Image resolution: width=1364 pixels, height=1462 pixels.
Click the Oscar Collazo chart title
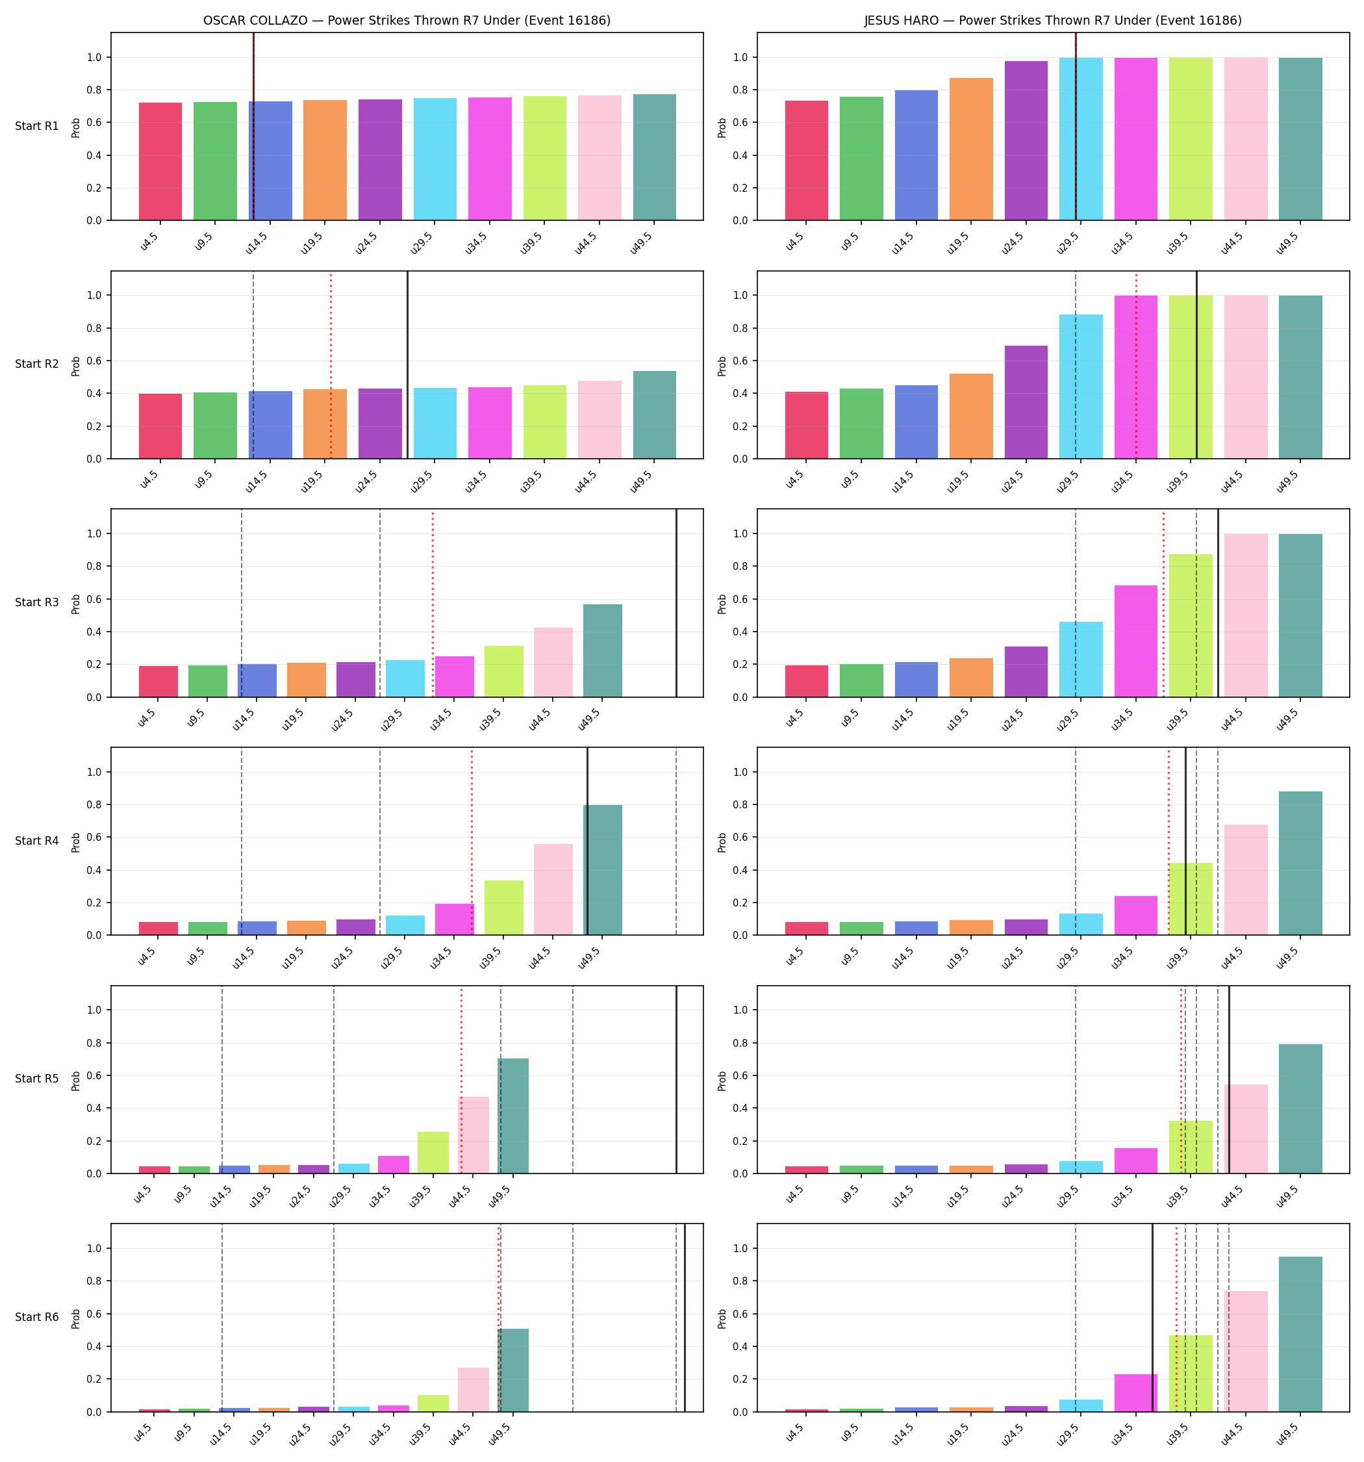(407, 21)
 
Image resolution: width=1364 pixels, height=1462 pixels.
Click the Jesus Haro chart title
(1053, 21)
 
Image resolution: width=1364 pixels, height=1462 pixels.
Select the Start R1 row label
(37, 127)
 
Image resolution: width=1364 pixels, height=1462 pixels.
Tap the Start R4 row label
(37, 841)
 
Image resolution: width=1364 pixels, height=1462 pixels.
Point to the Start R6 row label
(37, 1317)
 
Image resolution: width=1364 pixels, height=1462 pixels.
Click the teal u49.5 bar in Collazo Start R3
(602, 650)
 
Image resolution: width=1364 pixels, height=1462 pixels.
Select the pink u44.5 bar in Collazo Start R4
(553, 889)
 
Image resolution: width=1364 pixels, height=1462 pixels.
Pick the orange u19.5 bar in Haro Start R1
(970, 149)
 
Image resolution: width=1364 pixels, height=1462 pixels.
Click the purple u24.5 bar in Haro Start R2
(1026, 402)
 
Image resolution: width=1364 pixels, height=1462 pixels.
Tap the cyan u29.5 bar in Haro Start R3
(1081, 659)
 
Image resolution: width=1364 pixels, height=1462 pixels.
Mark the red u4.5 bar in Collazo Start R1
(160, 161)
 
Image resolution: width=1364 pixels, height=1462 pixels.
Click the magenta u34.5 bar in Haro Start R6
(1135, 1393)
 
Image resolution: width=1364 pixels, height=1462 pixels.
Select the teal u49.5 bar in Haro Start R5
(1300, 1109)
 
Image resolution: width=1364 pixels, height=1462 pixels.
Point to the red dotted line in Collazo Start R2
(331, 365)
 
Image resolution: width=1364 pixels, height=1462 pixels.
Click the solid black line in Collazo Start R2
(407, 365)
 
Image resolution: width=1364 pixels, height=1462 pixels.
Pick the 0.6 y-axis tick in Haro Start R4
(742, 838)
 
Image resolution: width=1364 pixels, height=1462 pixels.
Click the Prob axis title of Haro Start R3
(722, 604)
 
